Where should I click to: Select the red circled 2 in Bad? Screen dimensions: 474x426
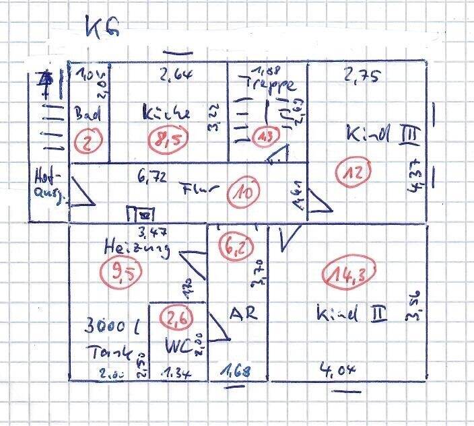click(x=88, y=141)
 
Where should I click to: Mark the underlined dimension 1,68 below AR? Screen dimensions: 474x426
click(x=234, y=369)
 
